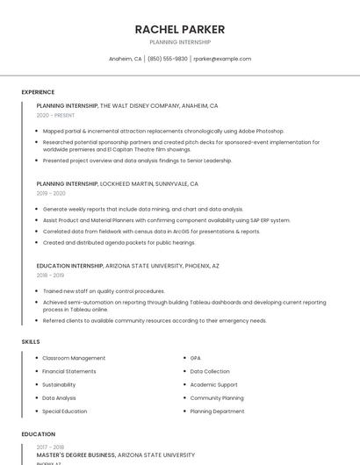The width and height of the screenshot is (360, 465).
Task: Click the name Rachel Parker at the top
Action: click(180, 30)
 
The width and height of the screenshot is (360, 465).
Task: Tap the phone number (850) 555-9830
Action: click(167, 59)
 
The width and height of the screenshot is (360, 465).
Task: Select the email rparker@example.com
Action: click(222, 59)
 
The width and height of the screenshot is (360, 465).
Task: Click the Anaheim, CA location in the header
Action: click(125, 59)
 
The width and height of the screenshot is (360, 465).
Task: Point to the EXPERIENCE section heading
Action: click(38, 92)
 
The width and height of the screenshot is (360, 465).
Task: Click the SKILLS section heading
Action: click(31, 340)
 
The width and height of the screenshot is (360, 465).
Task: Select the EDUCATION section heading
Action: click(38, 434)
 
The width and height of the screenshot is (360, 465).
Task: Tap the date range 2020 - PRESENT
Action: click(55, 115)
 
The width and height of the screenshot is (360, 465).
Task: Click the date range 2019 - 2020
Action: click(51, 193)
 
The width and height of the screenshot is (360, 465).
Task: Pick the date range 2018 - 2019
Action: click(51, 275)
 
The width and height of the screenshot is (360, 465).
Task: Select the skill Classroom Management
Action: click(74, 358)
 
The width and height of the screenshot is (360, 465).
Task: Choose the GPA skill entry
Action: click(196, 358)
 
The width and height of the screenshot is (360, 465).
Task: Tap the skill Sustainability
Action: click(59, 384)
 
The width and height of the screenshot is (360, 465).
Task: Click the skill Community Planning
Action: click(217, 397)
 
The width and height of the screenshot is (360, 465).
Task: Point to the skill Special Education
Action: click(65, 411)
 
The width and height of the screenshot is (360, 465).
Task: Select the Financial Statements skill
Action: click(69, 371)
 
